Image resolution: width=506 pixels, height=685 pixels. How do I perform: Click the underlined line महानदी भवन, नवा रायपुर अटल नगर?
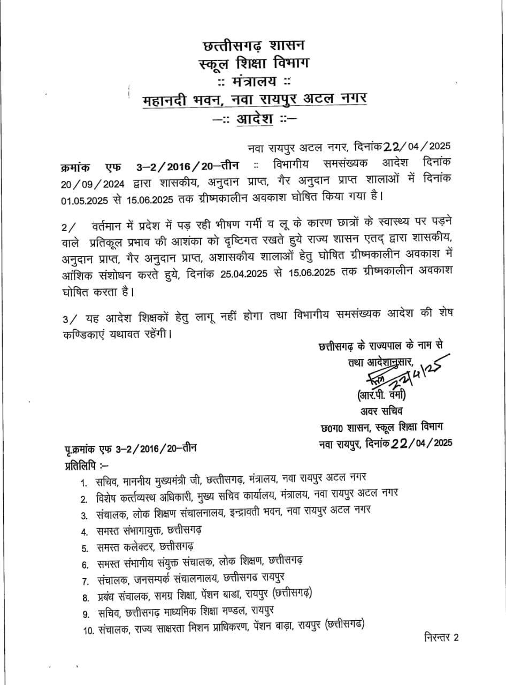(254, 100)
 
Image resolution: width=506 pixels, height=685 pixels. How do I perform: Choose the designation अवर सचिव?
(380, 412)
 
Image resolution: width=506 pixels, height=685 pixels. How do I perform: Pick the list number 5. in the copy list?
(85, 548)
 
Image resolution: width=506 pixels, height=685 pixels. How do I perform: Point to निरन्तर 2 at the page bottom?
(441, 637)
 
